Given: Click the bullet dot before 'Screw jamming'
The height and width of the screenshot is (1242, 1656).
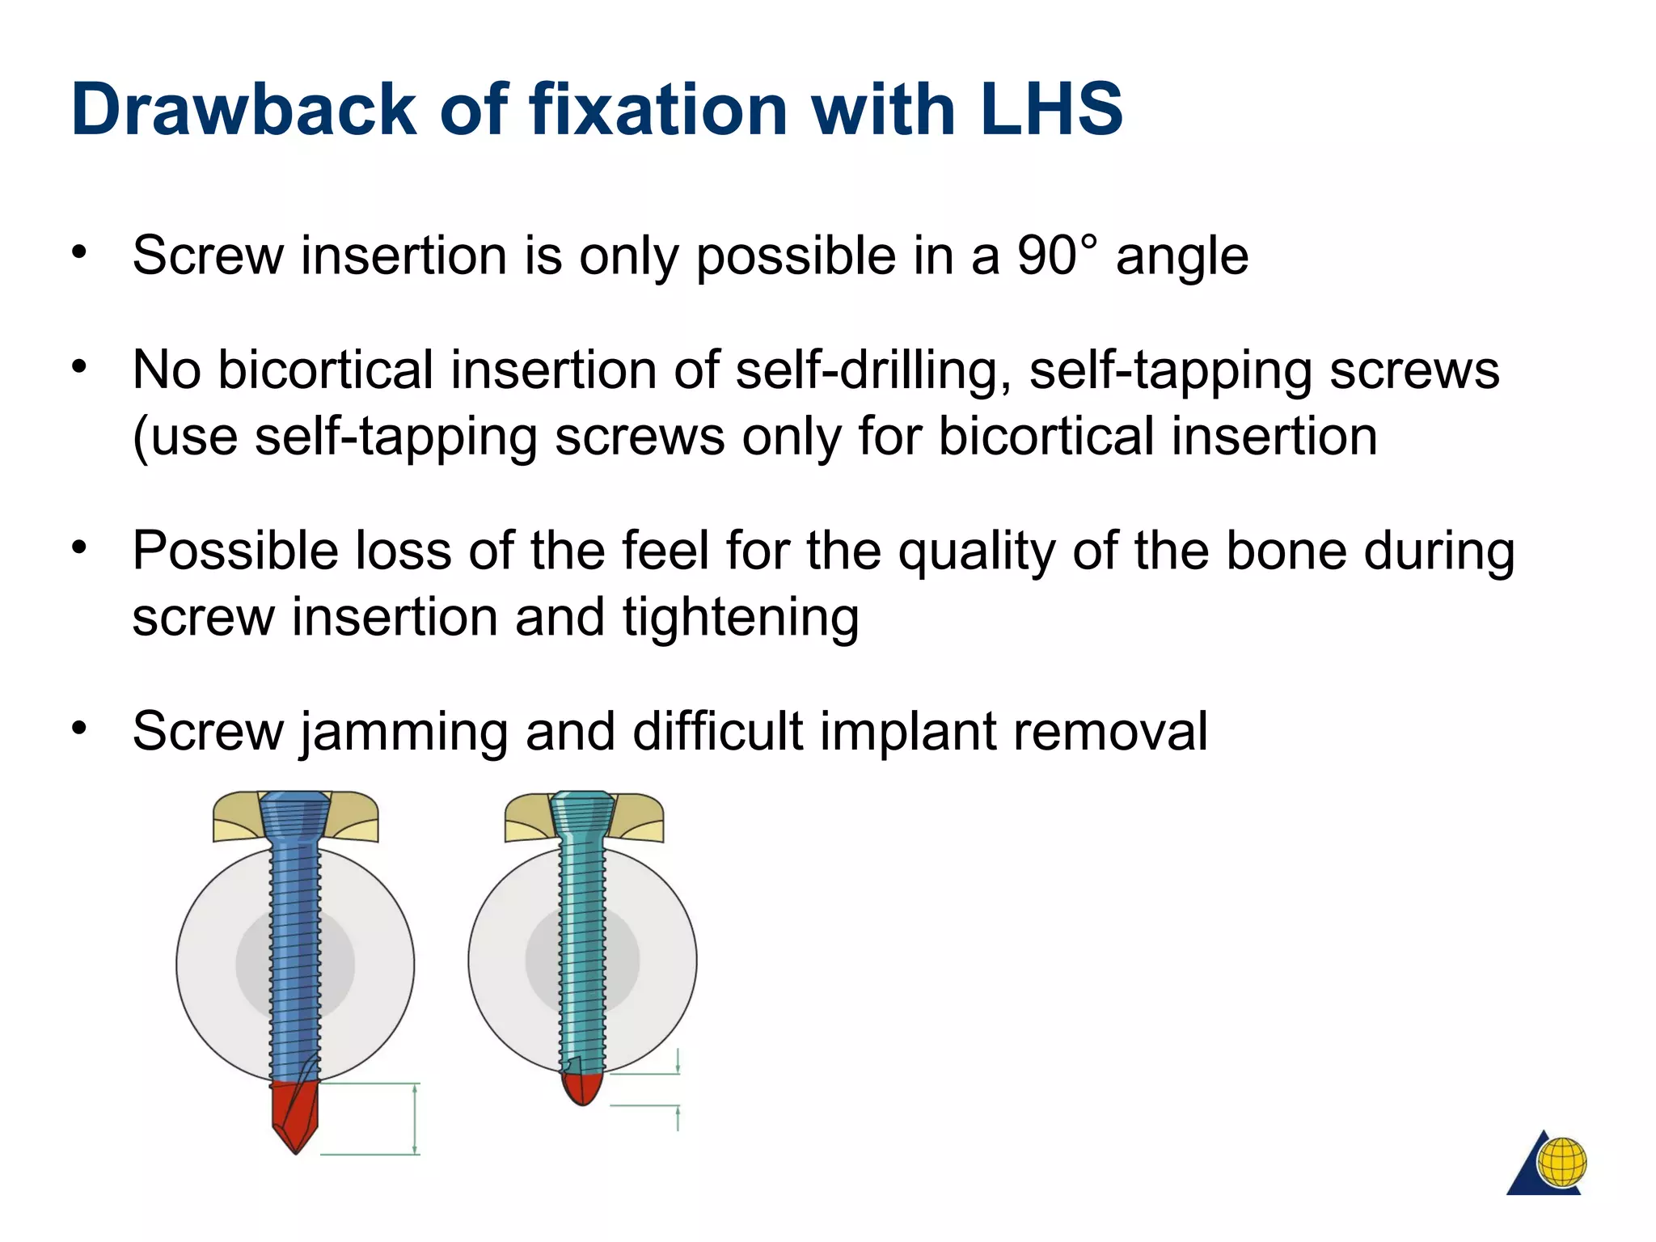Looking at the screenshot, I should click(78, 729).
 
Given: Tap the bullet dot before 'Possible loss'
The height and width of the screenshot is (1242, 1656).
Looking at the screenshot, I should click(78, 548).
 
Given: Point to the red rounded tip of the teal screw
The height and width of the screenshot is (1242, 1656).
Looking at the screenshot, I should click(582, 1088).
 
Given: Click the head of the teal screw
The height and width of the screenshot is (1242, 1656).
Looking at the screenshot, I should click(582, 813).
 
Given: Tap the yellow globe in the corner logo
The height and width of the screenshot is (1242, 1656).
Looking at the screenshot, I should click(1562, 1162).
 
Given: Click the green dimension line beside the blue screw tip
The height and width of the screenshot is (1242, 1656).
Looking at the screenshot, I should click(415, 1119).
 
